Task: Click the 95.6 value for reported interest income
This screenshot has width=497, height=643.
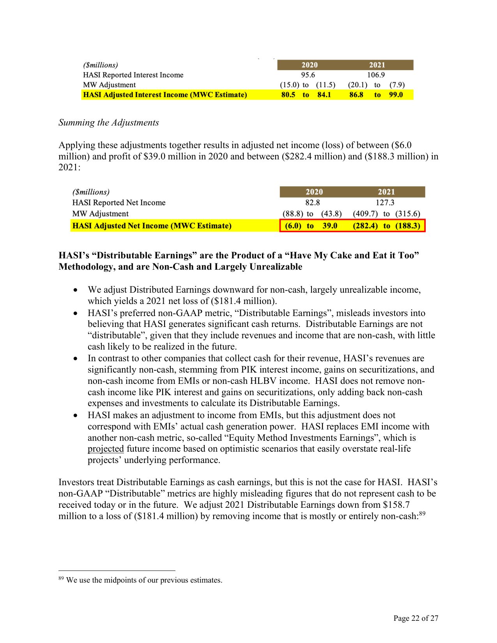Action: pos(308,75)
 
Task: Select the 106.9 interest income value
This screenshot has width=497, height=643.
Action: pos(376,75)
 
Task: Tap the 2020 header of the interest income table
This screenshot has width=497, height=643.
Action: pos(310,65)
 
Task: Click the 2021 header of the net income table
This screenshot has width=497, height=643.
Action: pos(386,192)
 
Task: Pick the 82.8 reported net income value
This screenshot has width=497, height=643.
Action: pos(313,202)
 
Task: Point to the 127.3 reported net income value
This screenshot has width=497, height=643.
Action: pos(385,202)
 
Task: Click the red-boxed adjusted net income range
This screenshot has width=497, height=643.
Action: pos(352,226)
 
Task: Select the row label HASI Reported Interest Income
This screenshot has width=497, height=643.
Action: pos(133,75)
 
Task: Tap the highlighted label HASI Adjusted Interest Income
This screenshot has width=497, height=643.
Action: pos(165,95)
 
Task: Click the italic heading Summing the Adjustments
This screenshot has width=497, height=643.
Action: pos(109,122)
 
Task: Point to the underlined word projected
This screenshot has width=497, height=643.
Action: pos(106,449)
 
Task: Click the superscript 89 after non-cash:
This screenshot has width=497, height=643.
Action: pos(422,514)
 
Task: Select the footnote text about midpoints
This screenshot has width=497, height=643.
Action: pos(144,580)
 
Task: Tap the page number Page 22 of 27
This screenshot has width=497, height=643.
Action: pos(416,618)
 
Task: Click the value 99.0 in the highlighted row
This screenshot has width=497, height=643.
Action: pos(396,95)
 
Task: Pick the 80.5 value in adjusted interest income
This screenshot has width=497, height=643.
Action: pos(288,95)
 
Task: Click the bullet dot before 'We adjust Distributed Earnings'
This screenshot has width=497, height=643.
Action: pos(76,290)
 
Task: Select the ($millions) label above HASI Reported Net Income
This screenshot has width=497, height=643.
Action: pos(91,192)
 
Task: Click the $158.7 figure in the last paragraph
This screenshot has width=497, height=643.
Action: pos(396,505)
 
